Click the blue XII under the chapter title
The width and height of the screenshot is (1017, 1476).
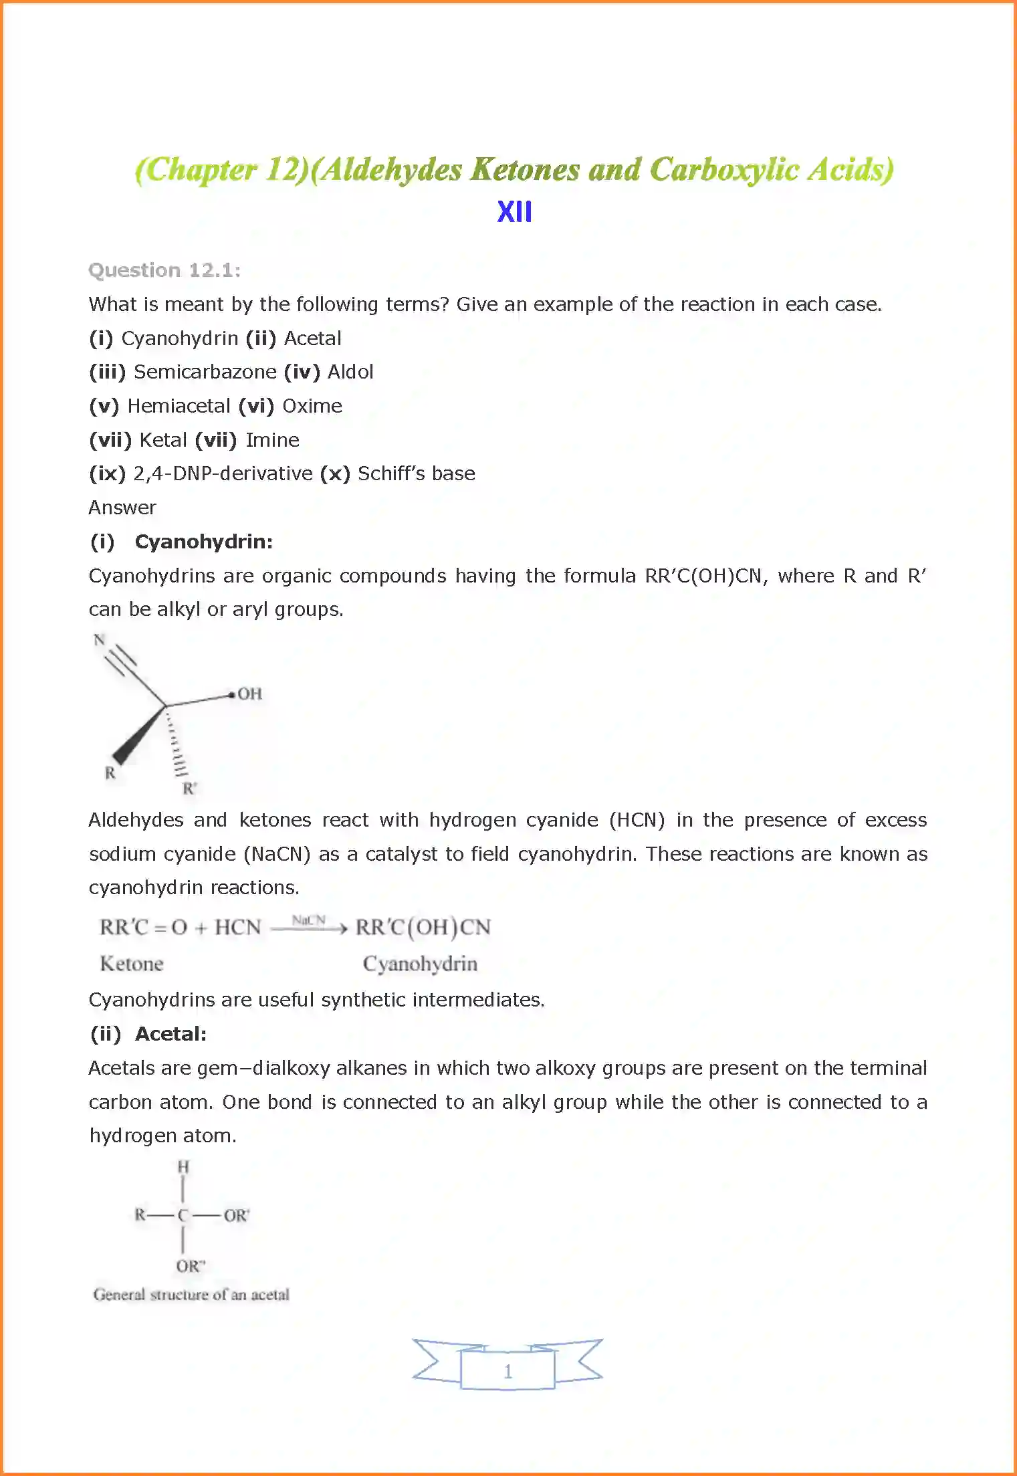(514, 212)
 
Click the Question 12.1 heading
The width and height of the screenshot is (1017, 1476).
(164, 270)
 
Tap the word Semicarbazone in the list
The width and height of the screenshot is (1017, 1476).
(205, 372)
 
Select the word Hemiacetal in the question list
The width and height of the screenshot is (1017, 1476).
(179, 406)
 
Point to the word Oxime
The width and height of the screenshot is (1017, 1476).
(312, 406)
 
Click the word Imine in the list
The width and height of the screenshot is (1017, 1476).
(272, 440)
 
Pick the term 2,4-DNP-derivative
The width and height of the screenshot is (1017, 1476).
(223, 473)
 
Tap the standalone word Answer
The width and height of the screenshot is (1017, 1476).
(122, 508)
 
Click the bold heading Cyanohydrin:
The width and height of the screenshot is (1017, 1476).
(204, 542)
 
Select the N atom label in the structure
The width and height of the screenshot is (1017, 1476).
(100, 640)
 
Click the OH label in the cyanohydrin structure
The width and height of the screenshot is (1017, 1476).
(249, 694)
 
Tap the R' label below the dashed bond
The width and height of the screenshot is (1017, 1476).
(190, 788)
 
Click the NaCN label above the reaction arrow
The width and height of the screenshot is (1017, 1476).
(308, 920)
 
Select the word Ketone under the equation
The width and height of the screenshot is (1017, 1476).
(132, 964)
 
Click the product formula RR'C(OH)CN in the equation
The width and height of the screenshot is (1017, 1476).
(423, 928)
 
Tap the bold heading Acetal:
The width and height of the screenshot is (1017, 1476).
(171, 1034)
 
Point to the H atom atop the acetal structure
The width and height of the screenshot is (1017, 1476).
(183, 1167)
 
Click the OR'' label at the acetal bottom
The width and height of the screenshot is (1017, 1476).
(191, 1266)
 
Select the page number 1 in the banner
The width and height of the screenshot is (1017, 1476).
(508, 1372)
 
